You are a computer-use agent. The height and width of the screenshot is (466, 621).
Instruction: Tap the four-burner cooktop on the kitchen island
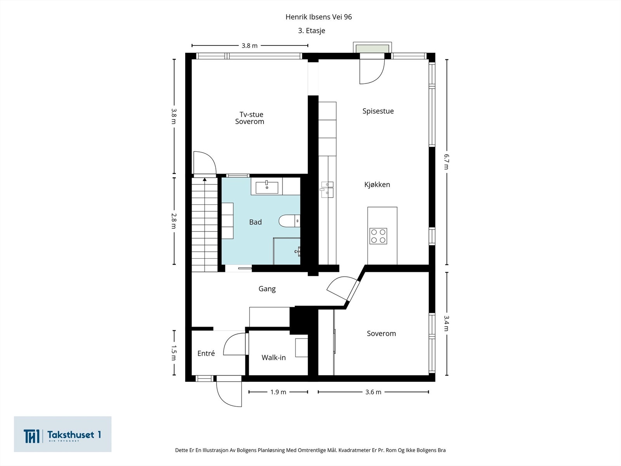[x=378, y=236]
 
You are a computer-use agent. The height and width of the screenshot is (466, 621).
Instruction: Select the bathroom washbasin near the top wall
[x=267, y=186]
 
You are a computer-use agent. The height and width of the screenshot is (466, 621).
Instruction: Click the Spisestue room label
[x=378, y=111]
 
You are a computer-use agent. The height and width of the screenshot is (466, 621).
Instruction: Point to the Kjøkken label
[x=377, y=184]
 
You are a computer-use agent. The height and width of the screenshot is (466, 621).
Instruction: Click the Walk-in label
[x=273, y=358]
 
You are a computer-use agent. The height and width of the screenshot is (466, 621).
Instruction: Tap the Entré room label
[x=206, y=353]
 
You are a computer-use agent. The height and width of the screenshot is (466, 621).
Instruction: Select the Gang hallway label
[x=267, y=289]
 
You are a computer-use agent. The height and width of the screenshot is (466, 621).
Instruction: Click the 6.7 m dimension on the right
[x=446, y=162]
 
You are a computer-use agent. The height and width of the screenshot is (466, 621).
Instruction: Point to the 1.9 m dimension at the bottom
[x=278, y=392]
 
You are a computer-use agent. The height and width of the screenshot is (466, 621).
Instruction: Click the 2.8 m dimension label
[x=174, y=221]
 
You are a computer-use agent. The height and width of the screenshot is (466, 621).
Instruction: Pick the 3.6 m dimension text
[x=373, y=392]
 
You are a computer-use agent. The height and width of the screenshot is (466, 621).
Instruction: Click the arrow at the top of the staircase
[x=205, y=179]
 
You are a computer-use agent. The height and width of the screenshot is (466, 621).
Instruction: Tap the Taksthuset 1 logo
[x=63, y=435]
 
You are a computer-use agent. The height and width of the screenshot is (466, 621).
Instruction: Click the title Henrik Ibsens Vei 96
[x=318, y=17]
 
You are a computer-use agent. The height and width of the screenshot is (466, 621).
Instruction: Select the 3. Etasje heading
[x=311, y=31]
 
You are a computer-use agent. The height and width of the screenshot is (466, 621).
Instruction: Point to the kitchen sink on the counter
[x=327, y=190]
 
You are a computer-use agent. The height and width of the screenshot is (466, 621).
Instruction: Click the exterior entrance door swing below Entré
[x=229, y=392]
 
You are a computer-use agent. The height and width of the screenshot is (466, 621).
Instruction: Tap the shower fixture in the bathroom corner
[x=297, y=251]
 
